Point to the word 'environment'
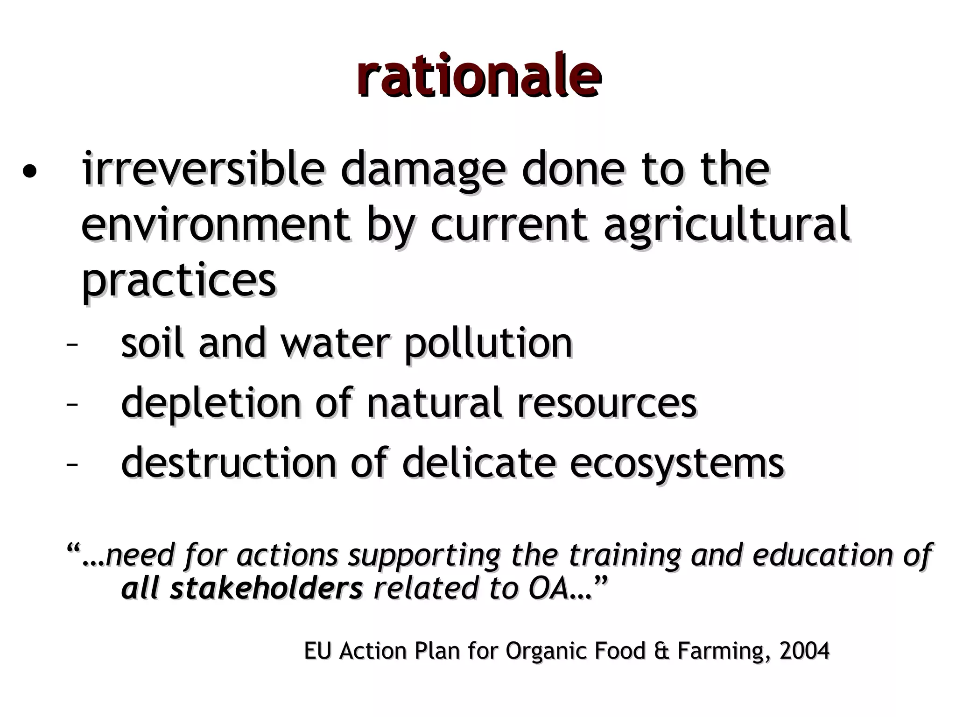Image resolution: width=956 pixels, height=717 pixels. pyautogui.click(x=215, y=225)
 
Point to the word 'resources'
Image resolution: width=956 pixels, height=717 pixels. pyautogui.click(x=606, y=403)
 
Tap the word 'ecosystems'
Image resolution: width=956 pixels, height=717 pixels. pyautogui.click(x=676, y=464)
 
